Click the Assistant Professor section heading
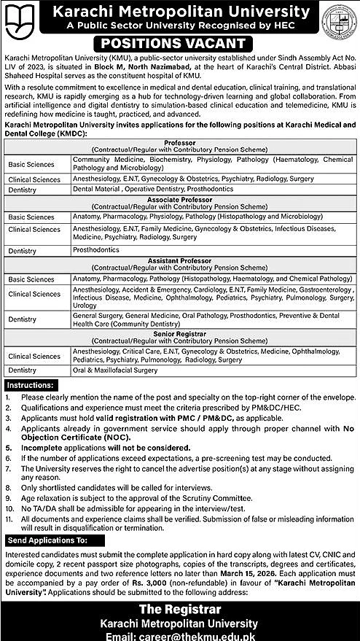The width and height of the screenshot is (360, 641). click(180, 260)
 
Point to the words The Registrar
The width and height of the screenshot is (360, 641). click(180, 610)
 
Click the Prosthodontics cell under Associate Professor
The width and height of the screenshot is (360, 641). click(95, 249)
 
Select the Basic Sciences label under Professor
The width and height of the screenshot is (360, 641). click(31, 163)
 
